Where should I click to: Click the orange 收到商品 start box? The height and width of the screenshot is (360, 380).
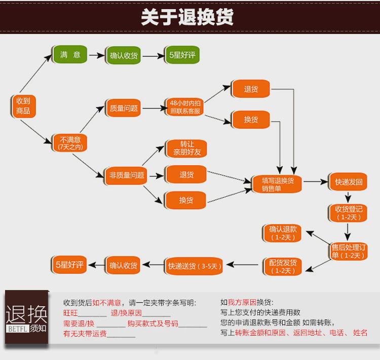[23, 106]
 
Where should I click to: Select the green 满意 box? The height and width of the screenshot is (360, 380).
[70, 55]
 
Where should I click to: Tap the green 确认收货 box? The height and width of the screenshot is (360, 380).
[124, 55]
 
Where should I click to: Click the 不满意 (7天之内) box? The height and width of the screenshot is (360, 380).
[70, 142]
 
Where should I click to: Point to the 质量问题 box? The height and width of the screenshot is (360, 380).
[124, 108]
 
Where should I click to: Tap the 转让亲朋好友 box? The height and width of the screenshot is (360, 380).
[186, 148]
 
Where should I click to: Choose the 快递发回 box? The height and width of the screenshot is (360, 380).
[349, 182]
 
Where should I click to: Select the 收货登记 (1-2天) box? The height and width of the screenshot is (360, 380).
[349, 213]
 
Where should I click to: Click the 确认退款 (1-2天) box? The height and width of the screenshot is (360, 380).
[282, 233]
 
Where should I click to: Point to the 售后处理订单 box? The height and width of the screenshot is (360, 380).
[349, 251]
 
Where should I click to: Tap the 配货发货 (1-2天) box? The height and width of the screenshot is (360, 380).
[282, 267]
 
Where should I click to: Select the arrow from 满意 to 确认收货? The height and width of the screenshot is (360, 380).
[96, 55]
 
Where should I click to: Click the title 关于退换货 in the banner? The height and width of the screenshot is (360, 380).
[187, 17]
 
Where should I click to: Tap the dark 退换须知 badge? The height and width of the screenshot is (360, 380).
[26, 319]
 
